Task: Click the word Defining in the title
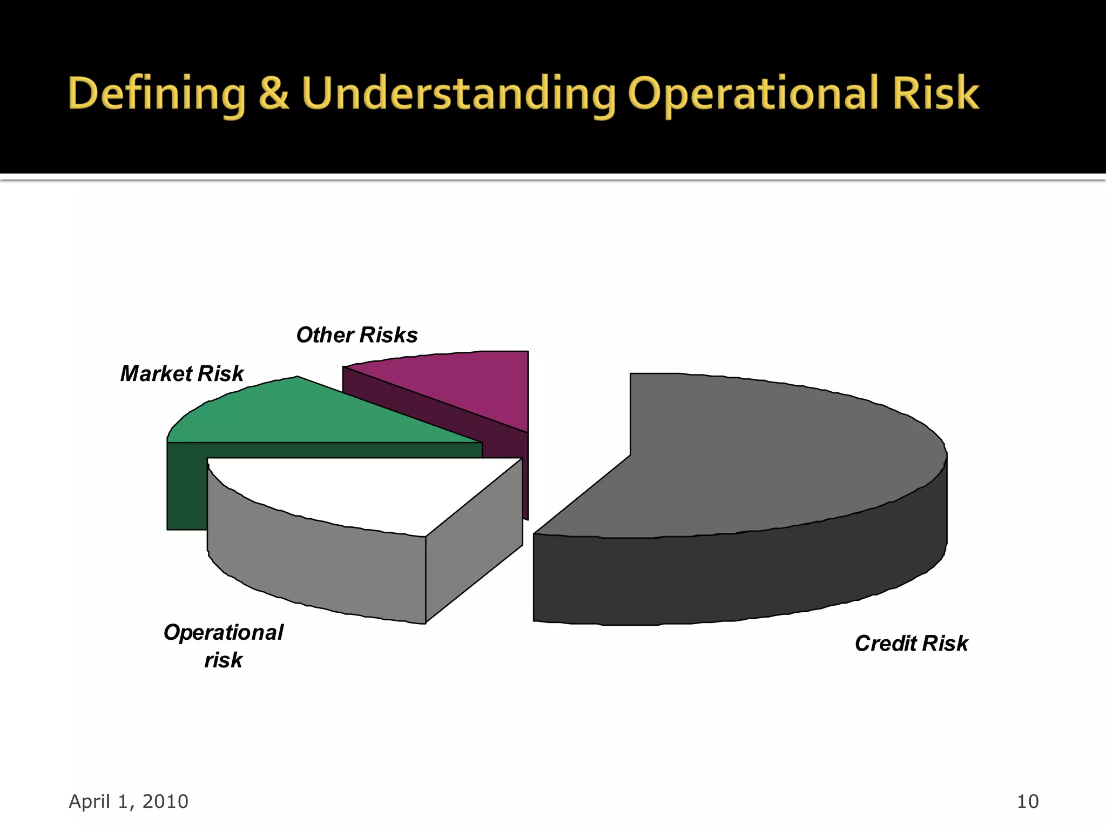click(x=157, y=94)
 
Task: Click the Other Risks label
click(x=357, y=335)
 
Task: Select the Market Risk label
click(x=182, y=374)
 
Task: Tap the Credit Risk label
click(x=911, y=644)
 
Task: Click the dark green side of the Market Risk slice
click(x=186, y=486)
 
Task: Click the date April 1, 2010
click(x=129, y=801)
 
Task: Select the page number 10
click(x=1027, y=801)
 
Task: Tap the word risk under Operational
click(x=223, y=660)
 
